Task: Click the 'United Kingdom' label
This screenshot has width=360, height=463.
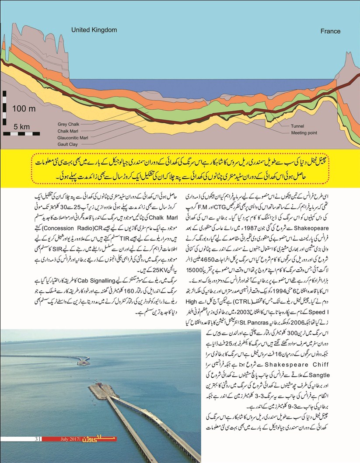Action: tap(94, 30)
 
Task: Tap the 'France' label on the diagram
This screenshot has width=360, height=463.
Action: tap(330, 31)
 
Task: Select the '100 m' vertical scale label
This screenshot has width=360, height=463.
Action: tap(24, 108)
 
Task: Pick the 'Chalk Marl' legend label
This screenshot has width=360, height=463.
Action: tap(68, 131)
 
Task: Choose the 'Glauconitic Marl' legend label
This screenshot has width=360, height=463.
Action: tap(73, 137)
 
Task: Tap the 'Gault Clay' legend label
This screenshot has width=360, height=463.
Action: tap(68, 144)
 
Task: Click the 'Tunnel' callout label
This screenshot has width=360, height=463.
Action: tap(297, 126)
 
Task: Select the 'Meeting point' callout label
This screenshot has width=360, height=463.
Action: tap(304, 133)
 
